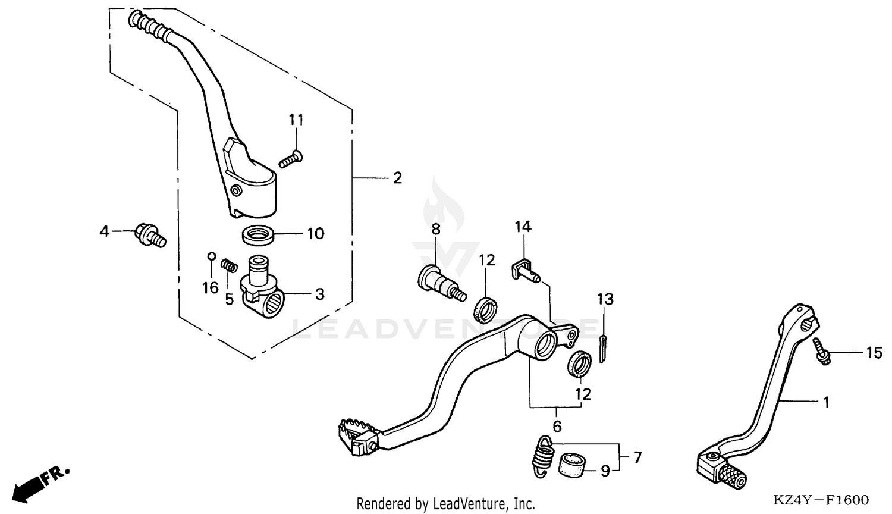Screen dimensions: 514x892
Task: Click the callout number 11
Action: point(296,120)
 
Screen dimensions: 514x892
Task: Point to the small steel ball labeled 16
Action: point(211,256)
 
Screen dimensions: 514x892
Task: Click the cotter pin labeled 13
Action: point(602,349)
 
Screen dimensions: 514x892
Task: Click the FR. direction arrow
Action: point(39,482)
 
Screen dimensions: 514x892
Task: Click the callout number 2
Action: point(397,178)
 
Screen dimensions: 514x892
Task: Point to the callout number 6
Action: point(557,427)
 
